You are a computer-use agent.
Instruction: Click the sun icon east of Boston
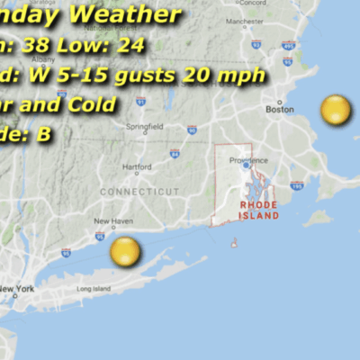(x=336, y=111)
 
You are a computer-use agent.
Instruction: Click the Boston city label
(x=279, y=110)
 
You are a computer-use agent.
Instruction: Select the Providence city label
(x=248, y=159)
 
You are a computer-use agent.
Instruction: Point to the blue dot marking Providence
(x=246, y=166)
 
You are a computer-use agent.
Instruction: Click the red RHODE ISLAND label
(x=259, y=211)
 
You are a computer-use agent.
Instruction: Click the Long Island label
(x=94, y=289)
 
